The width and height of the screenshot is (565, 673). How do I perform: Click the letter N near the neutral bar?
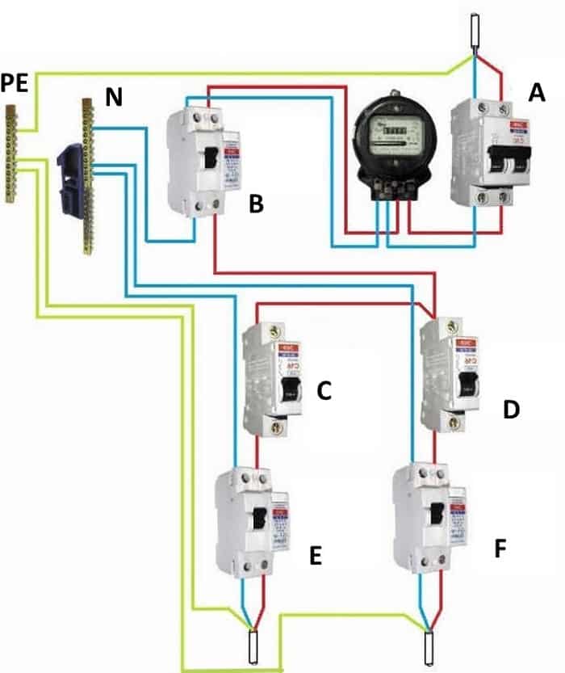115,99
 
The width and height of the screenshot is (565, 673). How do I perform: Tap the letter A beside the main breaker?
537,95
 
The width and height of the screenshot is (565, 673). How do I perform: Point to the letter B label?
256,204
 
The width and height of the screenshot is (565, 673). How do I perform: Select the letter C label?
324,392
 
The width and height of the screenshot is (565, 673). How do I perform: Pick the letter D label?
510,410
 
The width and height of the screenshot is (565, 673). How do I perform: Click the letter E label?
316,556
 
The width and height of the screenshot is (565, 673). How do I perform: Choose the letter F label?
500,550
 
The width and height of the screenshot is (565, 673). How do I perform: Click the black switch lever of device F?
436,514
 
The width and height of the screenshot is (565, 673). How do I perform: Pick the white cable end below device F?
431,646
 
